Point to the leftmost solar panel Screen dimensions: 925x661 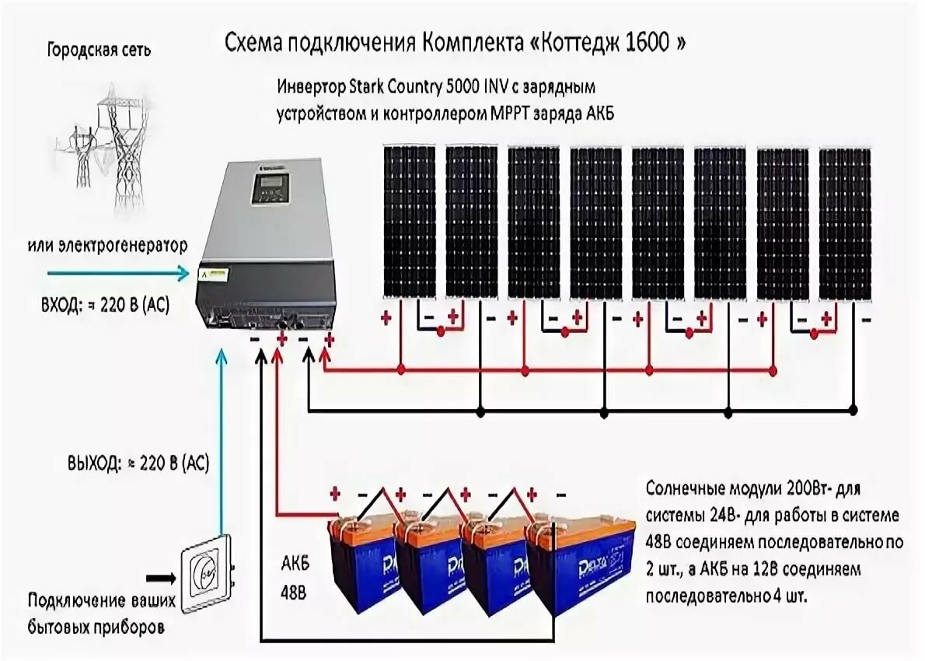coord(410,222)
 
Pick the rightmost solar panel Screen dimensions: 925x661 coord(846,223)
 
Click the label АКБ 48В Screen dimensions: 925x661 coord(294,578)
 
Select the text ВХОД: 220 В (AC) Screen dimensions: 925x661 coord(105,306)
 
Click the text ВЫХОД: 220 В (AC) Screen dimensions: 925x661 coord(138,463)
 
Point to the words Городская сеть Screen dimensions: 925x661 coord(99,51)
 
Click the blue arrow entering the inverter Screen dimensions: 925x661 coord(118,273)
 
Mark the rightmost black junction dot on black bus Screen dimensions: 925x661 coord(853,410)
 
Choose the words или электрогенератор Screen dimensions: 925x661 coord(107,246)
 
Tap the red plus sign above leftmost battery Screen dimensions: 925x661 coord(335,494)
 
